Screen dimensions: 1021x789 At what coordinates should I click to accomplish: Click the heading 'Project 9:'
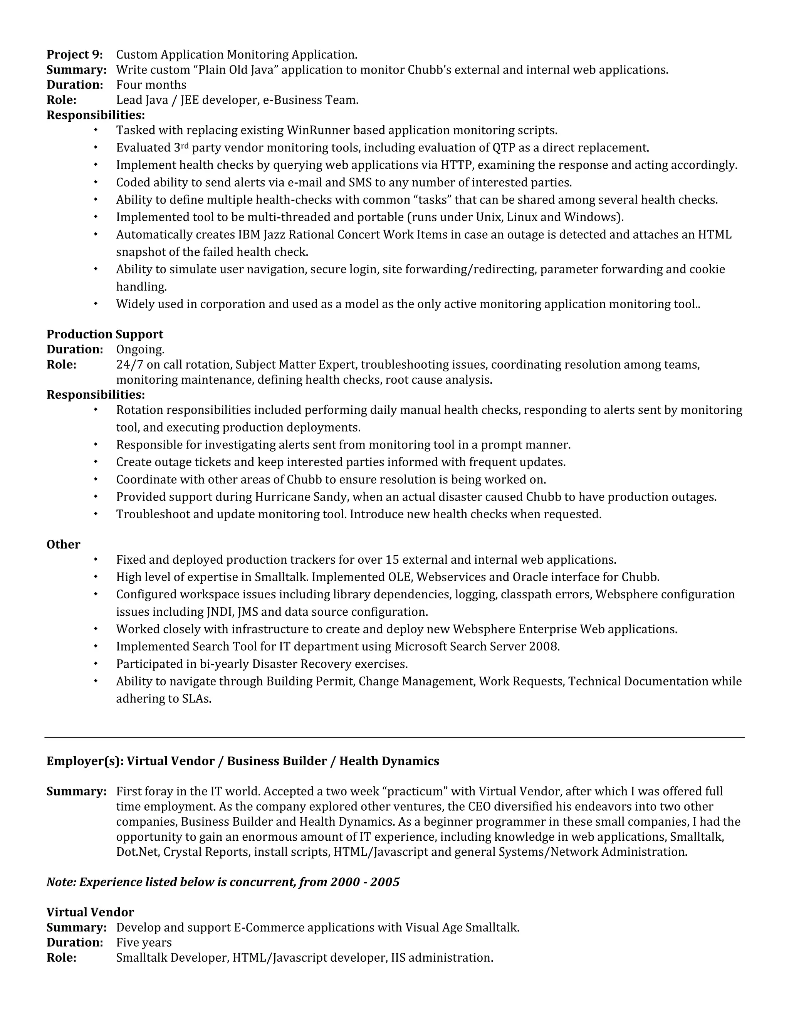pyautogui.click(x=74, y=55)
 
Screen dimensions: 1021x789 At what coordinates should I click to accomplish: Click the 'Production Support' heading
pyautogui.click(x=105, y=334)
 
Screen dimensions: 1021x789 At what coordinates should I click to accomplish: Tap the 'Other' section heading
pyautogui.click(x=63, y=545)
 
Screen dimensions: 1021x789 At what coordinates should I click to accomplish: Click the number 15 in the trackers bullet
pyautogui.click(x=391, y=559)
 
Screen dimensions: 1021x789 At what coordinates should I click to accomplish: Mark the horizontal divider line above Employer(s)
pyautogui.click(x=394, y=738)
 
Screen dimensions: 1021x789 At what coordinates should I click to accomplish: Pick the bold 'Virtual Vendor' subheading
pyautogui.click(x=90, y=912)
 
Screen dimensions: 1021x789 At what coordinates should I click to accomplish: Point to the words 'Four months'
pyautogui.click(x=151, y=85)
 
